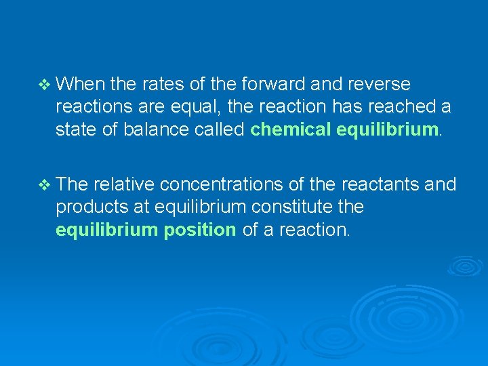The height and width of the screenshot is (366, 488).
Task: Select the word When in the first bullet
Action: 81,84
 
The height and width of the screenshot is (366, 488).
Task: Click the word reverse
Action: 379,84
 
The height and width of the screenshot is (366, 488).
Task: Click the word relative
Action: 124,184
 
